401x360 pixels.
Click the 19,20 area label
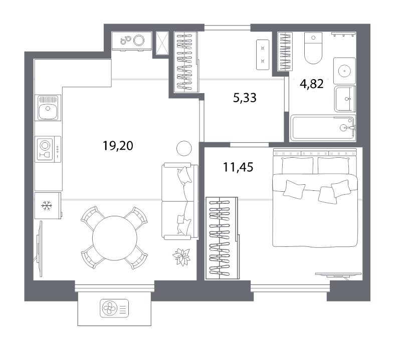pyautogui.click(x=118, y=146)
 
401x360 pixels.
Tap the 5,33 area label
pyautogui.click(x=245, y=98)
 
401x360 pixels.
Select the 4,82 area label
pyautogui.click(x=312, y=84)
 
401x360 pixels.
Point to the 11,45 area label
pyautogui.click(x=238, y=167)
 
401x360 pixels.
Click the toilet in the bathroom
pyautogui.click(x=313, y=48)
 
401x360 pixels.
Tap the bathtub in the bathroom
pyautogui.click(x=323, y=128)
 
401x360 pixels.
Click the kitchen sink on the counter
pyautogui.click(x=48, y=108)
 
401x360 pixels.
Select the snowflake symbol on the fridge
pyautogui.click(x=47, y=205)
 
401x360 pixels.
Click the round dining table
pyautogui.click(x=115, y=238)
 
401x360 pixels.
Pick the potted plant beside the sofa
pyautogui.click(x=181, y=256)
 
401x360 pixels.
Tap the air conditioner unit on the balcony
pyautogui.click(x=114, y=308)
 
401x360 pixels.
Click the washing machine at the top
pyautogui.click(x=132, y=41)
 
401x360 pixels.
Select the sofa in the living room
pyautogui.click(x=180, y=201)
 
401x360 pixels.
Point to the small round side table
pyautogui.click(x=184, y=148)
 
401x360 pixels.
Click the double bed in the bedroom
pyautogui.click(x=315, y=197)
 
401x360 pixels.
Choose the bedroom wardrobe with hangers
pyautogui.click(x=222, y=238)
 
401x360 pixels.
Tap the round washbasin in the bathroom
pyautogui.click(x=344, y=71)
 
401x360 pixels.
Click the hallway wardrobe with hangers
pyautogui.click(x=186, y=62)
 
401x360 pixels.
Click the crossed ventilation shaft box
pyautogui.click(x=162, y=43)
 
